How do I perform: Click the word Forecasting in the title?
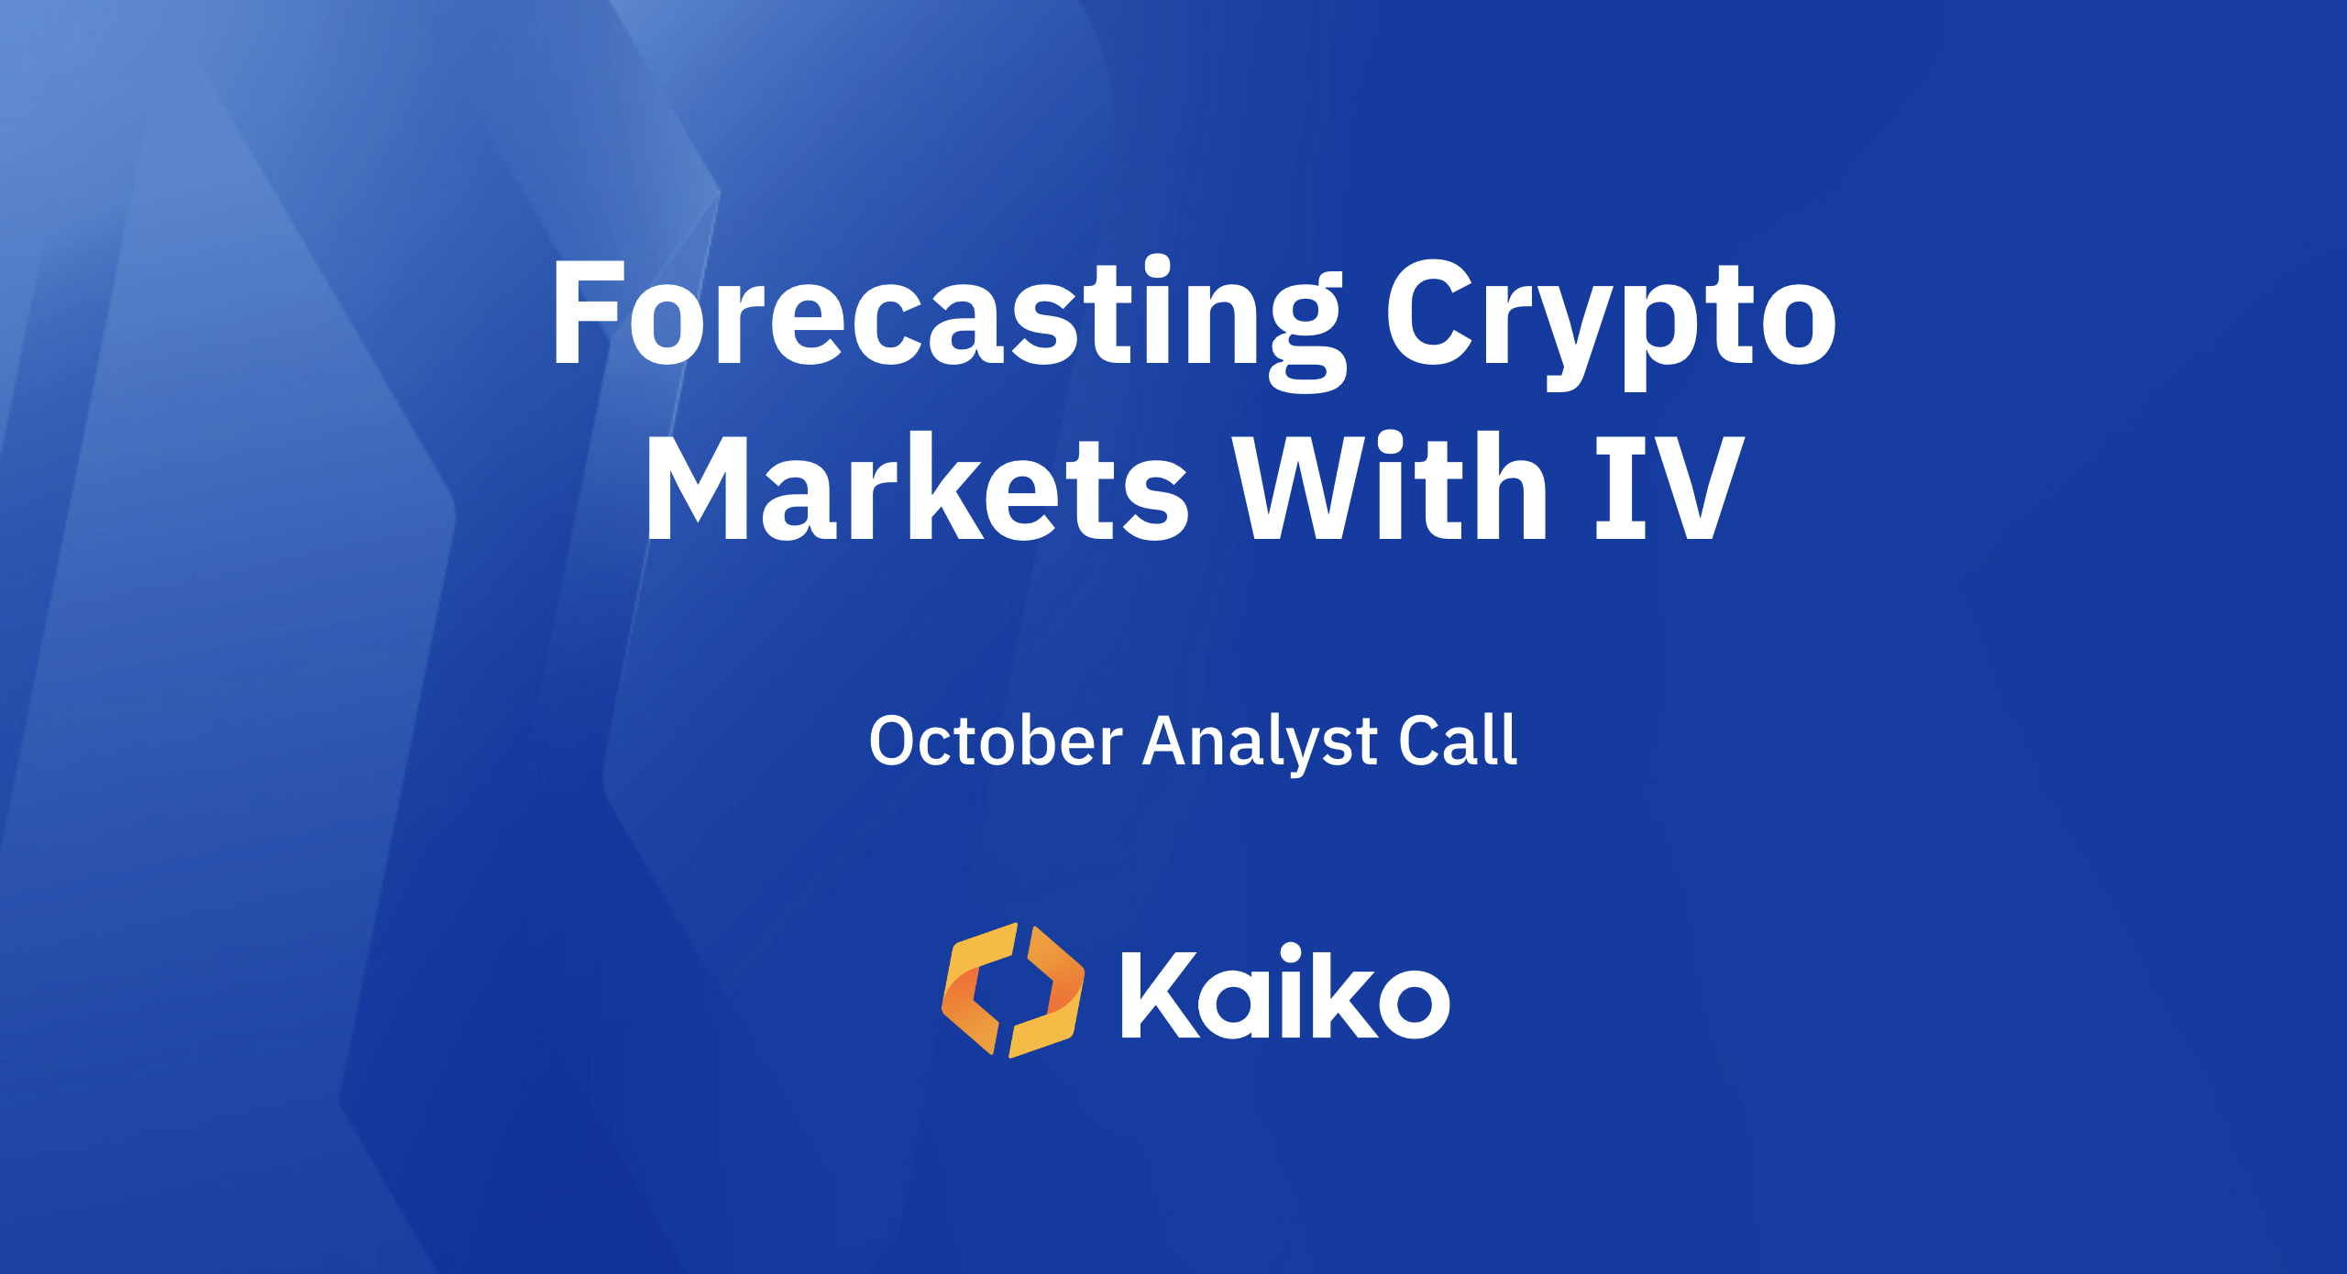pos(944,316)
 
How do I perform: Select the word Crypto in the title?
pos(1610,316)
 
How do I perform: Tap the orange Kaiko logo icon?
pos(1013,990)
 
